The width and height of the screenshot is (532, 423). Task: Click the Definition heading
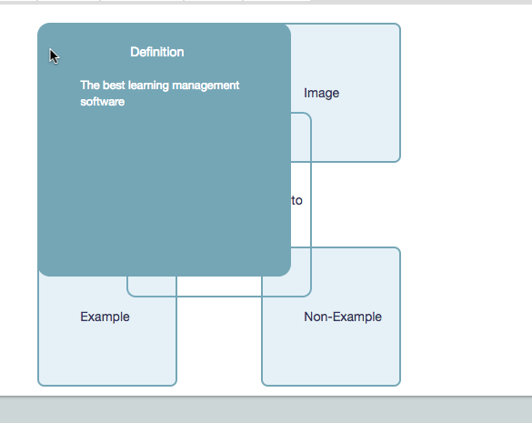click(x=157, y=52)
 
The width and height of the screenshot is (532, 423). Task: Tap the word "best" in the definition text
click(x=114, y=85)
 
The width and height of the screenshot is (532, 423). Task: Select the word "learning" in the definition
click(x=148, y=86)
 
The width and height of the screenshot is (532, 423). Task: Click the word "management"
click(x=206, y=86)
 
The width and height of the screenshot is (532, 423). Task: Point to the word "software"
click(x=103, y=102)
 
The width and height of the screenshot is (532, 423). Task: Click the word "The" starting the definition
click(x=90, y=85)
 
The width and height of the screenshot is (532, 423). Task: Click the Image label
click(x=321, y=94)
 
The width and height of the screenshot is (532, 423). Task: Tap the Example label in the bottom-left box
click(x=105, y=317)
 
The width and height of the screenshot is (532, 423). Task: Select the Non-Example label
click(x=343, y=317)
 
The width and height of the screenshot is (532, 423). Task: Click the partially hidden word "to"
click(x=296, y=201)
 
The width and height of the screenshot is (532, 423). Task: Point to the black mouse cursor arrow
click(x=54, y=56)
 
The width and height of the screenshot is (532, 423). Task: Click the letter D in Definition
click(x=135, y=52)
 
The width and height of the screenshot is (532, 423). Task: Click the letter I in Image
click(x=306, y=93)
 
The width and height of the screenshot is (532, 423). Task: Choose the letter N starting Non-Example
click(x=308, y=317)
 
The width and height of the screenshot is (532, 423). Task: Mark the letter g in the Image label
click(x=327, y=95)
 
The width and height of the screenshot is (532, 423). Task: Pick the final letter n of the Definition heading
click(x=181, y=54)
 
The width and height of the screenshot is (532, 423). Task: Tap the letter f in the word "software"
click(x=94, y=102)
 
